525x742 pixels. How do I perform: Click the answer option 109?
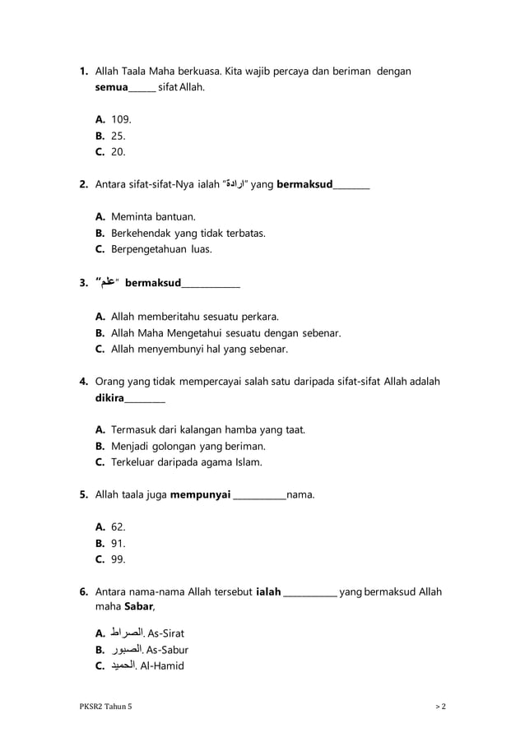coord(121,119)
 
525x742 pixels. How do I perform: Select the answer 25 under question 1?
coord(118,136)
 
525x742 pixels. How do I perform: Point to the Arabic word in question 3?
coord(106,283)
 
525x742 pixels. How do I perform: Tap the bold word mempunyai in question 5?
coord(201,495)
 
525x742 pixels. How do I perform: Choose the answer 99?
coord(118,559)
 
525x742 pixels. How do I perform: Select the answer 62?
coord(118,527)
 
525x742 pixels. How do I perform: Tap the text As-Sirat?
coord(165,633)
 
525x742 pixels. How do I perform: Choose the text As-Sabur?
coord(167,650)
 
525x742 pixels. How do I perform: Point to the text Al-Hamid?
coord(162,665)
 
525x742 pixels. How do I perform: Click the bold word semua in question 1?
coord(112,87)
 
